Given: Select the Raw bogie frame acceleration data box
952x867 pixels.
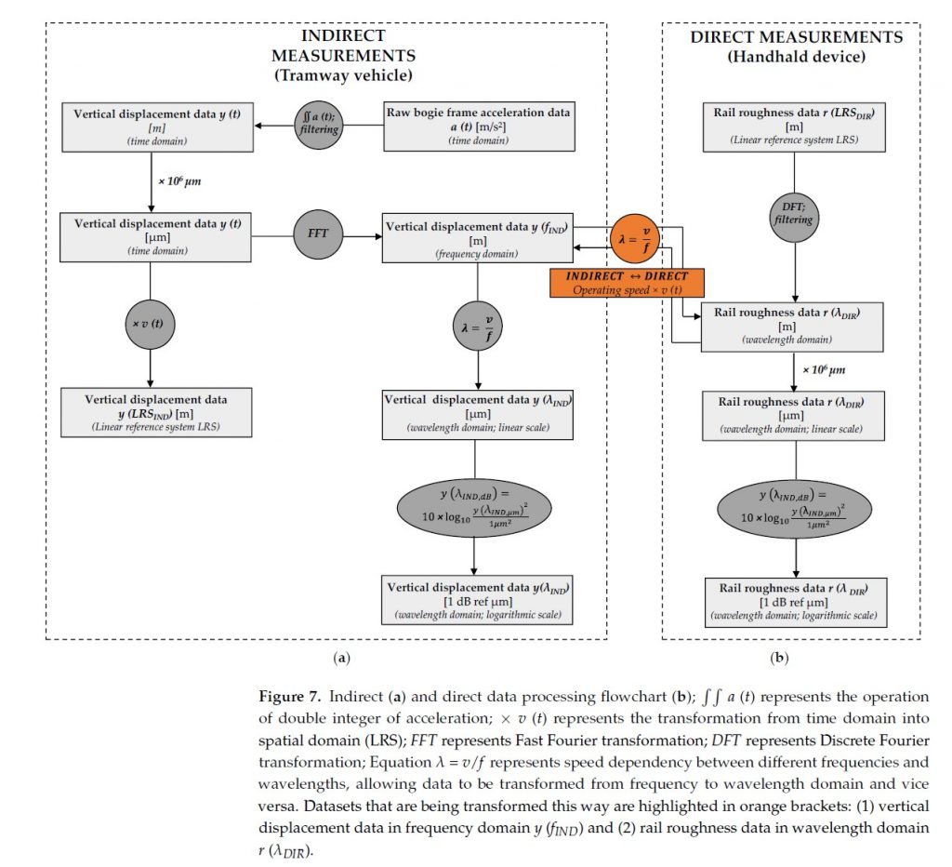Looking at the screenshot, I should pos(478,127).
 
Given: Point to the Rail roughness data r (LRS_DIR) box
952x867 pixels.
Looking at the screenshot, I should pos(793,127).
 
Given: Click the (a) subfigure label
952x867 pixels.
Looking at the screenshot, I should pos(341,658).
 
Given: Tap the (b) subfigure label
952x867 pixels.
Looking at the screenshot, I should pos(779,658).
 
